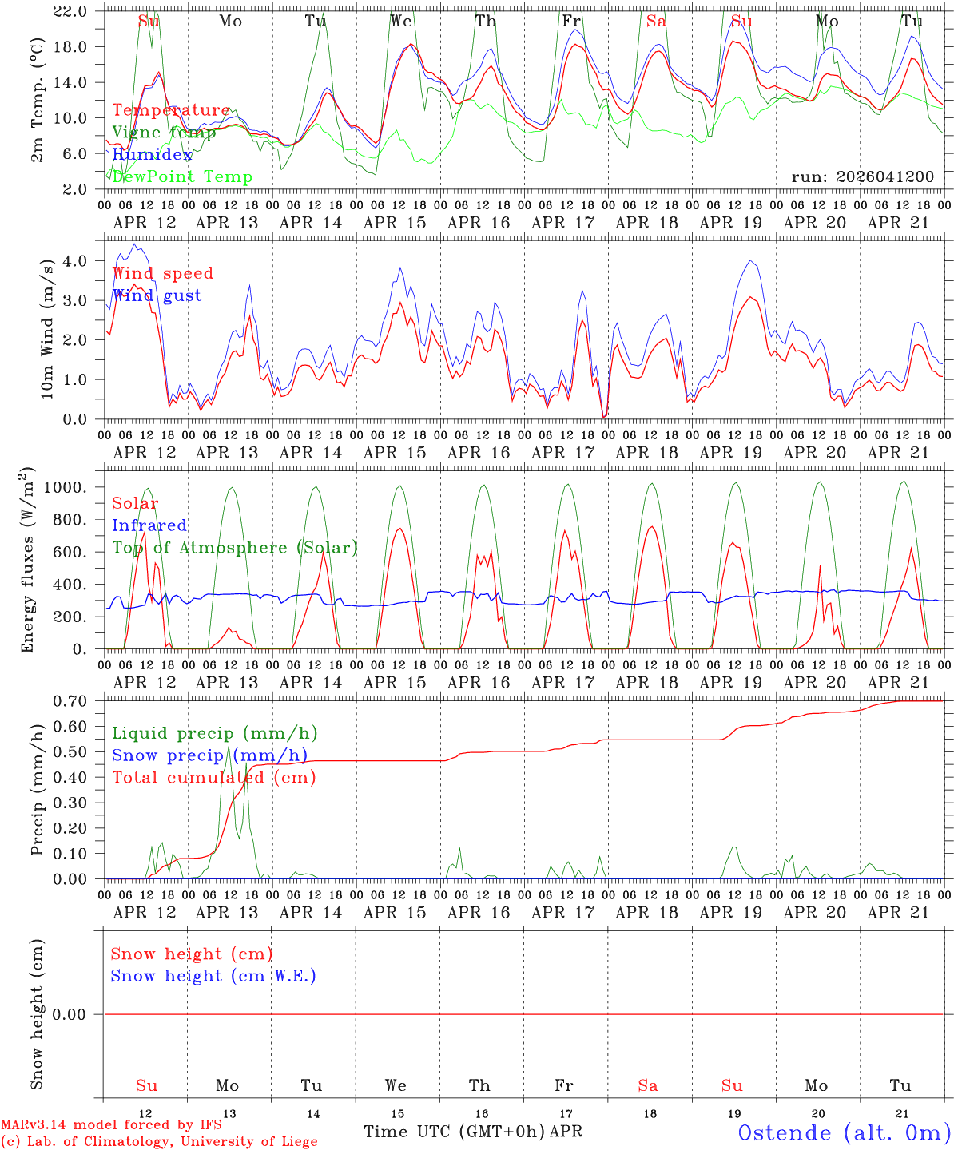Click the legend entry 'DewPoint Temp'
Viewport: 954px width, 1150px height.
[182, 177]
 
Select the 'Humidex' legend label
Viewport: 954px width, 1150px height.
[152, 155]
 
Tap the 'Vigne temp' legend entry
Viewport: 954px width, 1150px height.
[164, 133]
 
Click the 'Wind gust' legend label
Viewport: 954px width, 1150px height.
[157, 295]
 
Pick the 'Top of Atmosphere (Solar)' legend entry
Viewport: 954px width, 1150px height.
[235, 548]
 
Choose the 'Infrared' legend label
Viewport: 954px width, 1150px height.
[149, 525]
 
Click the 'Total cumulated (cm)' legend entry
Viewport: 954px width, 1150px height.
[214, 778]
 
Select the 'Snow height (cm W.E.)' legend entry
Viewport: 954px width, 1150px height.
[213, 976]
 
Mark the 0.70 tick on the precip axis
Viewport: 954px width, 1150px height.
[70, 701]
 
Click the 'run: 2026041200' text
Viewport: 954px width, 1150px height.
[862, 177]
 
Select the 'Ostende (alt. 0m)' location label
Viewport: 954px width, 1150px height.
[844, 1132]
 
